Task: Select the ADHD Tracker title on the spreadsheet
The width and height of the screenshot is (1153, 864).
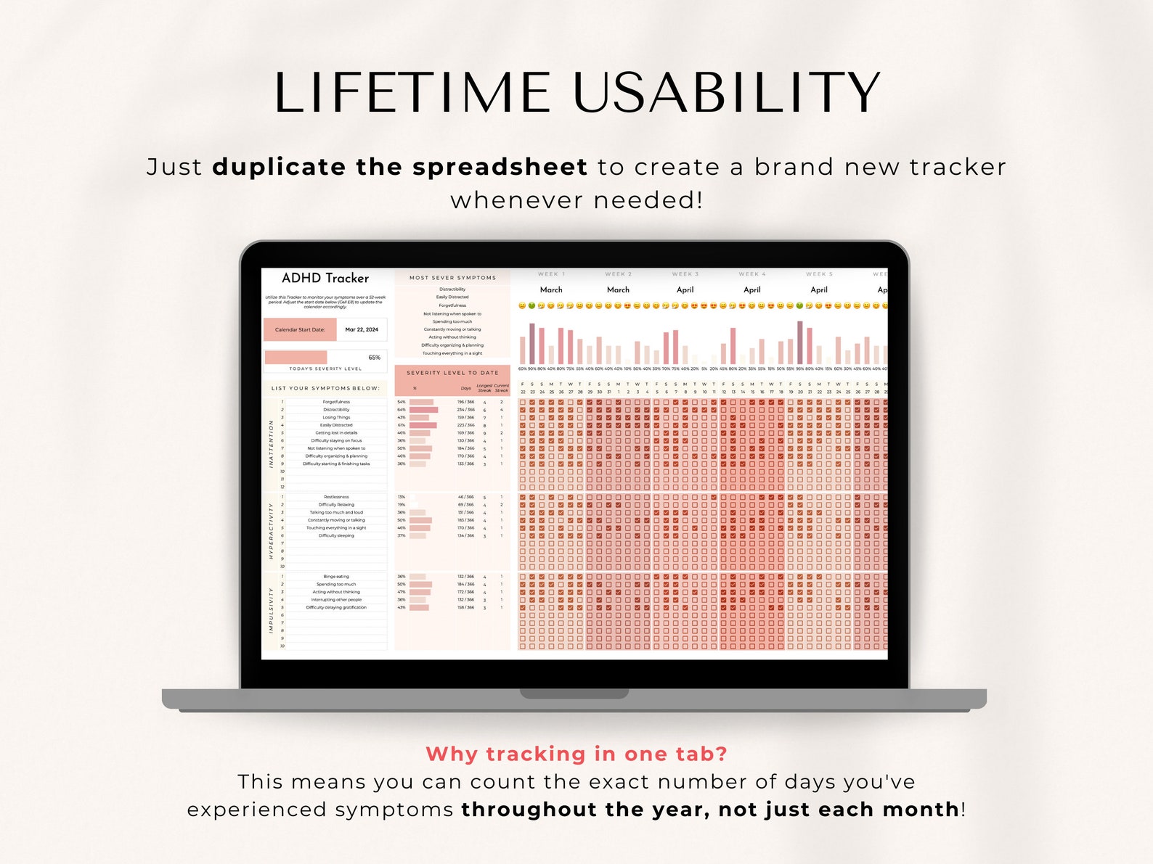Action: [325, 278]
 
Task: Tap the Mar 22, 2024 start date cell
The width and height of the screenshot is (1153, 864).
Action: [362, 329]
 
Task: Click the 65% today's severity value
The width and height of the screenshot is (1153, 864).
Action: [374, 358]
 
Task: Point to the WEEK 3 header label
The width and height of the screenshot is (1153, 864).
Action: [685, 274]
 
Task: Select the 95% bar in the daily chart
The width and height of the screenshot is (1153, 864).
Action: [800, 342]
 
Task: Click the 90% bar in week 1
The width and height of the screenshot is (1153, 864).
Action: [532, 344]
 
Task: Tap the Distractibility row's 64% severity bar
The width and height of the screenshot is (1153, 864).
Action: [423, 410]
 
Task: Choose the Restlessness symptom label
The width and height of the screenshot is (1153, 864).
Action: [336, 497]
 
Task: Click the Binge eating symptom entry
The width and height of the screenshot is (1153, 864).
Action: [336, 577]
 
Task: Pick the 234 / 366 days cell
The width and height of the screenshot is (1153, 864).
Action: [465, 410]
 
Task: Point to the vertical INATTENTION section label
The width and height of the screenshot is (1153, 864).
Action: [272, 443]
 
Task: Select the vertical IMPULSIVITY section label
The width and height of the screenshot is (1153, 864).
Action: [272, 610]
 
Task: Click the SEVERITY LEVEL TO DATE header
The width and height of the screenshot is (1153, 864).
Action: [452, 373]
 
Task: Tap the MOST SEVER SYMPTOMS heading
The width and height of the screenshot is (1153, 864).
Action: [452, 278]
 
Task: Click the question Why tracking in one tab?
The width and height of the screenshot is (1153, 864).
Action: [576, 754]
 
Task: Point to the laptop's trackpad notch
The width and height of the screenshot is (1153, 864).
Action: [574, 694]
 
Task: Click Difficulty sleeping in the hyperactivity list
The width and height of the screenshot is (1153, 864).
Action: [336, 535]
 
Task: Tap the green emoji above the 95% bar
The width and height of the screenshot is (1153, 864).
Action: [800, 306]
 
